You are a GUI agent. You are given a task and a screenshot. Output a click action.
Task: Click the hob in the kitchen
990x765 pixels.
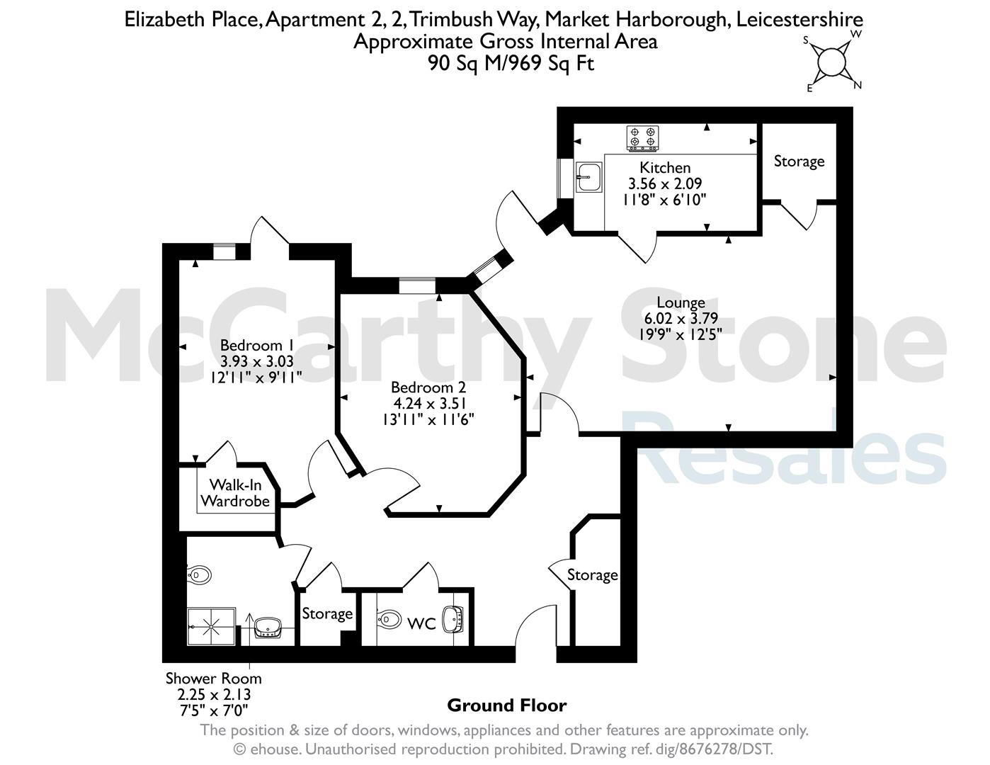coord(642,138)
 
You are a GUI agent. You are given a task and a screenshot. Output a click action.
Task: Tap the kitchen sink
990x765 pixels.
coord(588,177)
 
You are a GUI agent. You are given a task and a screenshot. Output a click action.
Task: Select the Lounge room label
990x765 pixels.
coord(681,302)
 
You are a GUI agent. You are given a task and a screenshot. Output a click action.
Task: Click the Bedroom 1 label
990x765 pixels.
coord(256,345)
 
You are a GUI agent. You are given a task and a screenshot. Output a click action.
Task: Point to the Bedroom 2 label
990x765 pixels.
coord(428,387)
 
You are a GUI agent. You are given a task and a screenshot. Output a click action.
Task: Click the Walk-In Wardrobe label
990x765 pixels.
coord(235,492)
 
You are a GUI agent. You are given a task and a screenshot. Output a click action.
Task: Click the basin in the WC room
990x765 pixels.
coord(453,620)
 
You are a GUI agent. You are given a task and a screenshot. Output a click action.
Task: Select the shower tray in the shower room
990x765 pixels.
coord(212,626)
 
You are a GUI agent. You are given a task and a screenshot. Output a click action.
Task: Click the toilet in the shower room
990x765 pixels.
coord(199,575)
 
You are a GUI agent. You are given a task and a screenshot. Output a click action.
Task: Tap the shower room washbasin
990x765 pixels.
coord(268,627)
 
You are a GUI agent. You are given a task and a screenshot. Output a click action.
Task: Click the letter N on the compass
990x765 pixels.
coord(858,85)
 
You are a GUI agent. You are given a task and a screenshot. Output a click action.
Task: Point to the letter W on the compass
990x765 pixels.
coord(856,34)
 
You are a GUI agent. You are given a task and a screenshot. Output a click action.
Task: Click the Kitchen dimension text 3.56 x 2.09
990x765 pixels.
coord(665,183)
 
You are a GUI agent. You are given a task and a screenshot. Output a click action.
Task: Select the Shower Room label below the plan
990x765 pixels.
coord(213,679)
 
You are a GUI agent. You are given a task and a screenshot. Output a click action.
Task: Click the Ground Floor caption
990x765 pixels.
coord(507,705)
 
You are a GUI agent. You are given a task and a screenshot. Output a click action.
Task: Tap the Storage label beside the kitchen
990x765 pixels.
coord(799,161)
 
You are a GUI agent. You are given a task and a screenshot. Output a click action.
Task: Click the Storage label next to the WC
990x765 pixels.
coord(327,613)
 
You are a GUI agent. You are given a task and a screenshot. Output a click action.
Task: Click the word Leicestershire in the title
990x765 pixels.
coord(800,19)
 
